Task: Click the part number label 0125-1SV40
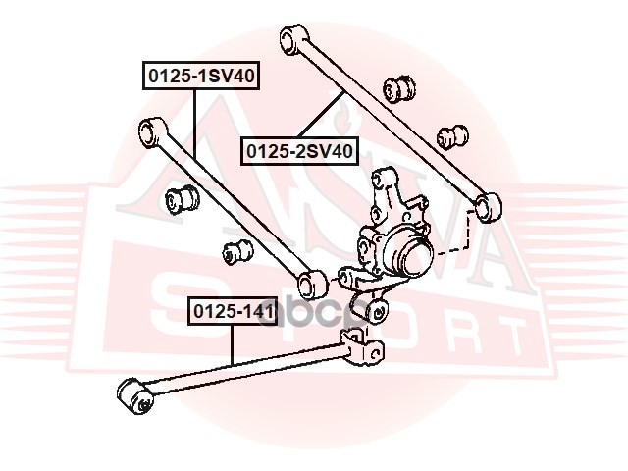coord(202,75)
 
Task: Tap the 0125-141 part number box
coord(232,313)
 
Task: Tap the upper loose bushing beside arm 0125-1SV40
coord(183,199)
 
